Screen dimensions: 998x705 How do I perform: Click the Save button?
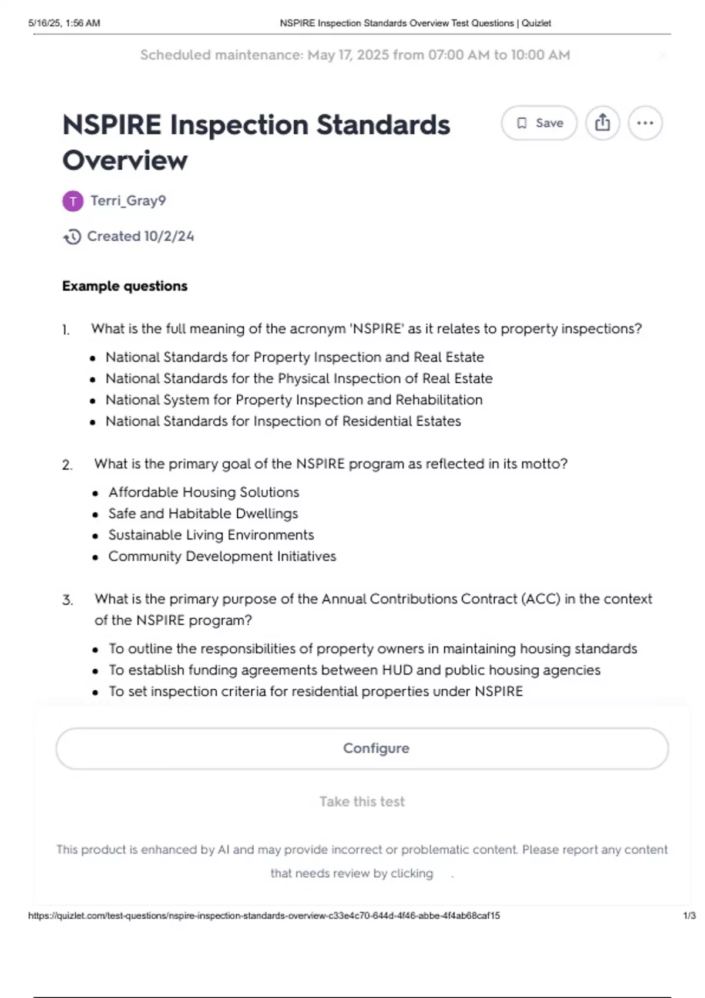pos(539,123)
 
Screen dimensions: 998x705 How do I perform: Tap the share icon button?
pos(602,123)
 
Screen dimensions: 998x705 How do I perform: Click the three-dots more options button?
pos(645,123)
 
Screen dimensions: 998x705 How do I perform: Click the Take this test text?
pos(362,801)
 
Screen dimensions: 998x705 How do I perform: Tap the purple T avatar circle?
pos(73,201)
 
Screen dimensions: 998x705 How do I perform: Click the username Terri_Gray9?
pos(128,201)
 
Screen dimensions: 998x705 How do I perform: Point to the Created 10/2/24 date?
pos(140,236)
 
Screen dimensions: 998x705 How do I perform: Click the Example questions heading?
pos(125,286)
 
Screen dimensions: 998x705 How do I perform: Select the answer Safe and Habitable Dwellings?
pos(203,514)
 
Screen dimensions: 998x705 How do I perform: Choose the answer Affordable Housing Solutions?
pos(203,492)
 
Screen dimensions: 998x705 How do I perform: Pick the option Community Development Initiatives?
pos(222,556)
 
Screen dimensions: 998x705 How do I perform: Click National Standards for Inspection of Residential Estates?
pos(283,421)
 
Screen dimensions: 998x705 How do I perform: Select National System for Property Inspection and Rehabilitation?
pos(294,400)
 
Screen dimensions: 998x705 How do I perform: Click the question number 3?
pos(68,600)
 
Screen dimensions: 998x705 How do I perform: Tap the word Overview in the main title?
pos(125,160)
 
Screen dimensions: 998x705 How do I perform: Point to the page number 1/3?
pos(689,916)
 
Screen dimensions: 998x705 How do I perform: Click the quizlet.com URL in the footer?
pos(264,916)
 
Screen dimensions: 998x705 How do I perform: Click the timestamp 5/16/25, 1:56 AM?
pos(64,23)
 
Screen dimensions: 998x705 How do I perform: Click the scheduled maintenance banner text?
pos(355,55)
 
